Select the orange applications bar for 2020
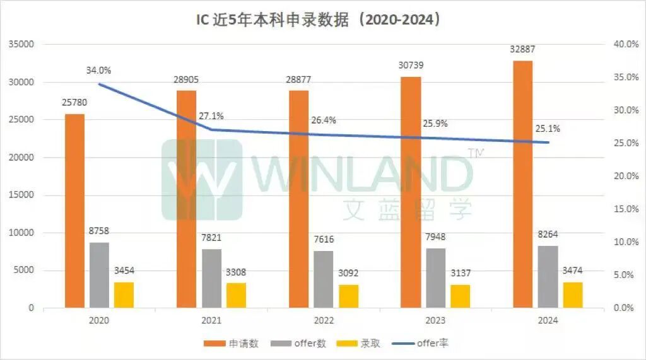[x=74, y=211]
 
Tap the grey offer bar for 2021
[x=211, y=278]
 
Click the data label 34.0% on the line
[x=99, y=70]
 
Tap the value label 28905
[x=187, y=80]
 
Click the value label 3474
[x=573, y=271]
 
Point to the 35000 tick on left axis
[x=21, y=45]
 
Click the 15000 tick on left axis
[x=21, y=195]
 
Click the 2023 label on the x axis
[x=435, y=320]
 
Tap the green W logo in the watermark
[x=202, y=180]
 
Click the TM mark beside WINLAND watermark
[x=474, y=153]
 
